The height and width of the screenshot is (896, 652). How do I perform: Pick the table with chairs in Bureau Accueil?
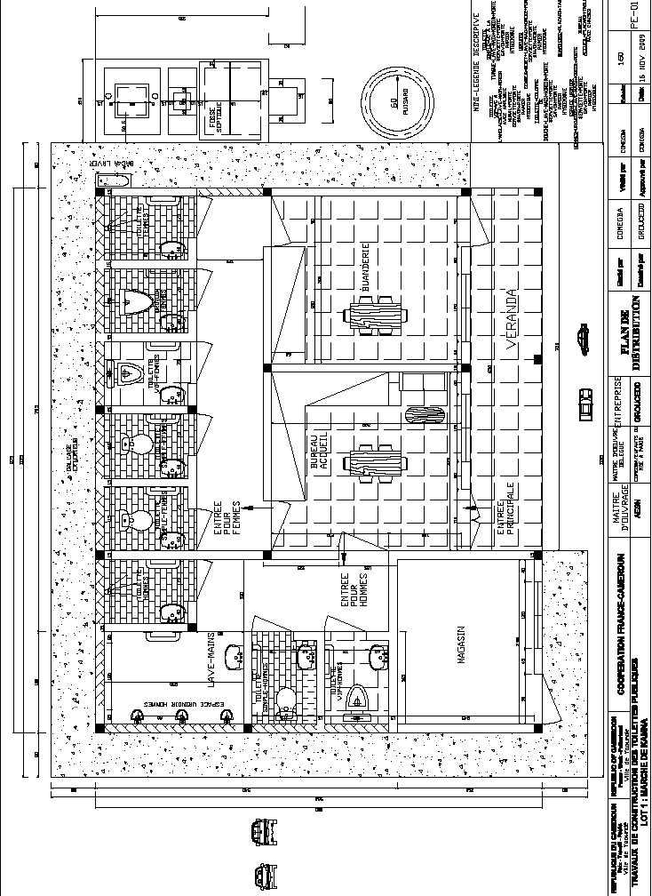[x=374, y=463]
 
